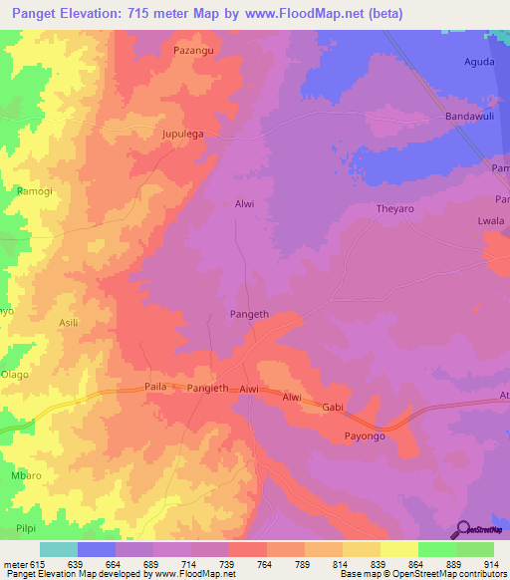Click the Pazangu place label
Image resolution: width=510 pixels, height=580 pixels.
(194, 49)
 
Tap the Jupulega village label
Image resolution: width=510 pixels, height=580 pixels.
(182, 133)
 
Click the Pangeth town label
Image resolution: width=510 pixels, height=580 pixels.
(250, 314)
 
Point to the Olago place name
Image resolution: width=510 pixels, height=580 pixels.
(15, 375)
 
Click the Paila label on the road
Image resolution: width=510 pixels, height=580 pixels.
(157, 388)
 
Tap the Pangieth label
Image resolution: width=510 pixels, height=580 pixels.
(208, 388)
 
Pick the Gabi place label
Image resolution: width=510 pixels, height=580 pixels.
(332, 407)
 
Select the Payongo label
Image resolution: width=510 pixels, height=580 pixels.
(365, 436)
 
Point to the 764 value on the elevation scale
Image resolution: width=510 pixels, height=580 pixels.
(266, 564)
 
